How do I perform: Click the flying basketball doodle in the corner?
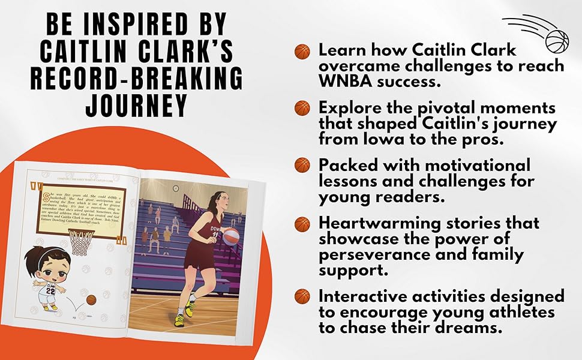tap(556, 40)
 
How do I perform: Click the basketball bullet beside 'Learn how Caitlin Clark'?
tap(302, 51)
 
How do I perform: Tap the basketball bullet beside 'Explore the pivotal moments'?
tap(302, 109)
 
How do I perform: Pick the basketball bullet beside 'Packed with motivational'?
tap(302, 165)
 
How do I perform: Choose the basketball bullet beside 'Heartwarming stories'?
tap(302, 224)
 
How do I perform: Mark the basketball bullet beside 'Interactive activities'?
tap(302, 296)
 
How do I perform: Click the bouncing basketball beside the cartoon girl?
tap(91, 299)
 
